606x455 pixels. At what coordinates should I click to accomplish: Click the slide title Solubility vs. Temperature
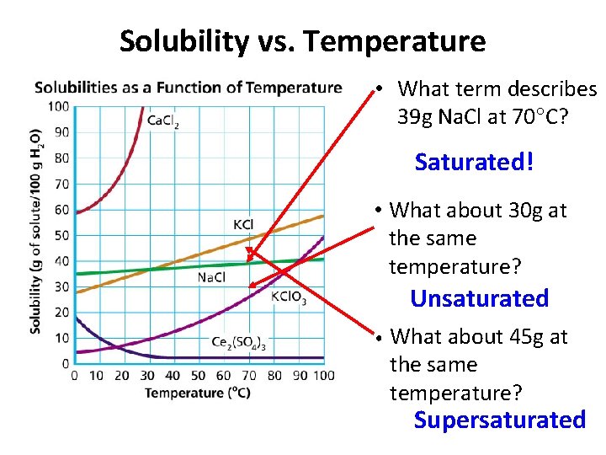point(302,40)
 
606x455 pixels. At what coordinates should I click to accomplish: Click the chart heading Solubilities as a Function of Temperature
point(189,88)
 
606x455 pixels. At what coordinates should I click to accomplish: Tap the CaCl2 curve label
point(163,121)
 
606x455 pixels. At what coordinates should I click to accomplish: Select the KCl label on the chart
point(243,224)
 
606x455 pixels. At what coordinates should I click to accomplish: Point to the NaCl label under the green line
point(211,277)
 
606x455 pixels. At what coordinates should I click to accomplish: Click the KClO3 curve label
point(289,297)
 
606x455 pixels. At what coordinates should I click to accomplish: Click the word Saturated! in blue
point(474,162)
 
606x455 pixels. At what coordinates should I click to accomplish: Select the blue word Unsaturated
point(479,298)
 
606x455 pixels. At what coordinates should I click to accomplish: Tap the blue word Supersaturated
point(499,420)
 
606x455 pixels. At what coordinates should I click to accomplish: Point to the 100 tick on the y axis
point(58,106)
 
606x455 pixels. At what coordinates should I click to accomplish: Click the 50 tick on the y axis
point(62,235)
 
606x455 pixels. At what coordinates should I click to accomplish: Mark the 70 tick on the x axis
point(250,376)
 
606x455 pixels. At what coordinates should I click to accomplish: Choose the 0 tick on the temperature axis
point(74,376)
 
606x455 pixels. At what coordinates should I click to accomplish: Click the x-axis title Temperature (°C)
point(197,393)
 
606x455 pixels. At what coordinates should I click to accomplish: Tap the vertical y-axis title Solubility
point(35,232)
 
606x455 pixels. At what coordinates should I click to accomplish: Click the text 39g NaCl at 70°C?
point(483,117)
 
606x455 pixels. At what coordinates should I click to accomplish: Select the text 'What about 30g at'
point(479,210)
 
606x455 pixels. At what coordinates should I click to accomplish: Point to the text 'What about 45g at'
point(479,337)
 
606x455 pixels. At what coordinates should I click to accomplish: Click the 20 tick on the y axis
point(62,313)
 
